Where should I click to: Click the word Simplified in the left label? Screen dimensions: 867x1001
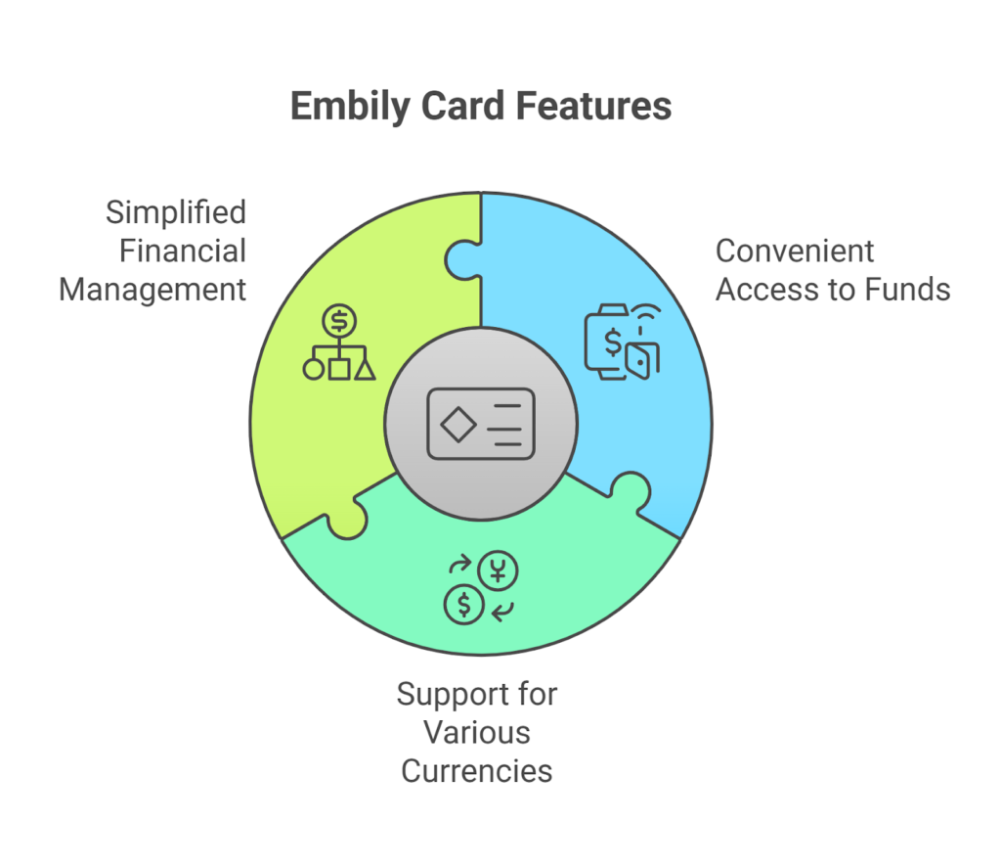(x=176, y=212)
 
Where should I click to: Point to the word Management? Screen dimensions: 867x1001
(x=152, y=290)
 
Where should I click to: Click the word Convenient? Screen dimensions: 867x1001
(x=795, y=251)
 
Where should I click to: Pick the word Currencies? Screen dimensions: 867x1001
(x=477, y=770)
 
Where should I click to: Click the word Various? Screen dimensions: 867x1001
(x=477, y=733)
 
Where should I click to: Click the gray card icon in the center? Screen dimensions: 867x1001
(x=481, y=424)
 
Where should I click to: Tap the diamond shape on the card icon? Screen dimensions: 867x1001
(x=457, y=424)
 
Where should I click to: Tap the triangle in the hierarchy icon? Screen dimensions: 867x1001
(x=365, y=370)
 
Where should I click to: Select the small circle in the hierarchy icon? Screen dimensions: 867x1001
(x=314, y=370)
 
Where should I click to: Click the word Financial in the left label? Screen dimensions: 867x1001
(x=183, y=251)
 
